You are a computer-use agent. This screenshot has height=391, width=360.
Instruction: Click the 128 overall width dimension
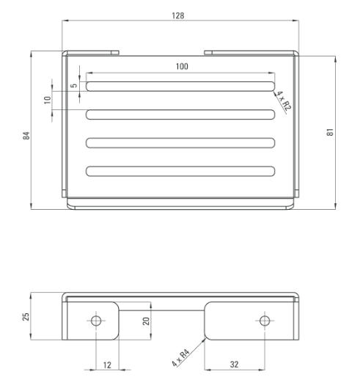coord(178,15)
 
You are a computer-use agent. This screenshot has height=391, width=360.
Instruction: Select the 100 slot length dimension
coord(182,67)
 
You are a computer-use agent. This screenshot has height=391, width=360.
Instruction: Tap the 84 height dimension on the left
coord(26,136)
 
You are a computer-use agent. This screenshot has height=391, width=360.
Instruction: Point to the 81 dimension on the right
coord(330,132)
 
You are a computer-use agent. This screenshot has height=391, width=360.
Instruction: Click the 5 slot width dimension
coord(74,85)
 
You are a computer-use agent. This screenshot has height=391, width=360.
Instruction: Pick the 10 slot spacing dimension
coord(48,100)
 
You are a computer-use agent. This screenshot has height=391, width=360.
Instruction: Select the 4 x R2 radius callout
coord(284,101)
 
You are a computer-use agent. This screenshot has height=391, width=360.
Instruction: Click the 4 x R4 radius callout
coord(181,358)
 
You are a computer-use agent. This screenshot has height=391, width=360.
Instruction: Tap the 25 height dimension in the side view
coord(26,316)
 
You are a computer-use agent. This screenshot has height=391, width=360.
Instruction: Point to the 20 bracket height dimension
coord(146,321)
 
